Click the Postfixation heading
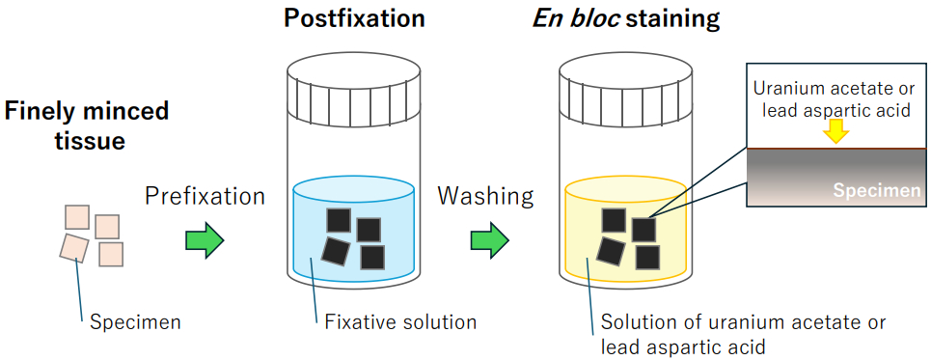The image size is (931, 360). click(354, 18)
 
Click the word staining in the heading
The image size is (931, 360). click(672, 19)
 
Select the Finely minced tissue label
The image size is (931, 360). click(87, 125)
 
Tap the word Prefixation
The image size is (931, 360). click(205, 196)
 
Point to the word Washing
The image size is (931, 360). click(485, 196)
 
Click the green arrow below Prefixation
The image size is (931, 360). click(205, 240)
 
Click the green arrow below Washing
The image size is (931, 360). click(490, 240)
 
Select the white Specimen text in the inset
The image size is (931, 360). click(876, 191)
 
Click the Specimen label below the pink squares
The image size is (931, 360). click(135, 322)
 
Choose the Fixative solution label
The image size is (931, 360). click(400, 322)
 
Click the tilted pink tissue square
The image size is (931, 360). click(74, 248)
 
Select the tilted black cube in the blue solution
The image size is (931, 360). click(336, 251)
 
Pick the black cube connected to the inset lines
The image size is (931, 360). click(643, 230)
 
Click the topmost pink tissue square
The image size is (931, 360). click(77, 217)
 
